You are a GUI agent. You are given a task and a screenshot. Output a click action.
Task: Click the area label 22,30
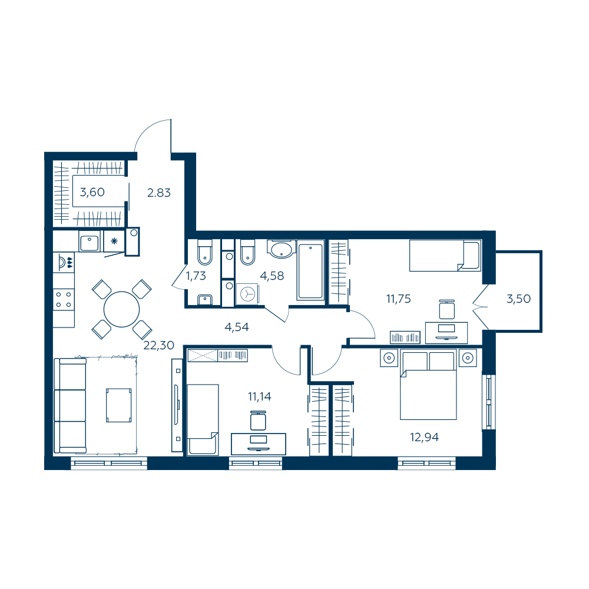tap(158, 345)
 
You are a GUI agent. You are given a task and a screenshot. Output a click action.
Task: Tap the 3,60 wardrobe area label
tap(92, 193)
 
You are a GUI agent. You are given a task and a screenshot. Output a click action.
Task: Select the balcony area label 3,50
tap(518, 299)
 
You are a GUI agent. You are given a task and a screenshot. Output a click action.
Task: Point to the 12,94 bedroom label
tap(424, 437)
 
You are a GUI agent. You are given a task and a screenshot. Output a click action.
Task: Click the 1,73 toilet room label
tap(196, 276)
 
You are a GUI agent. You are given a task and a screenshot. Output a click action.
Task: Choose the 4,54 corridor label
tap(236, 327)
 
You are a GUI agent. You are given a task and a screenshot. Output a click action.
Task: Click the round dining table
tap(121, 310)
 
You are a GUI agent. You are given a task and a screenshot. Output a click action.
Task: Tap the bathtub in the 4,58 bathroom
tap(310, 270)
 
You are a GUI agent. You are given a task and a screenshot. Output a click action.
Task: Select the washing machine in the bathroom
tap(247, 293)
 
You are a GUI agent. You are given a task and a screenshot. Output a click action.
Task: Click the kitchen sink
tap(90, 241)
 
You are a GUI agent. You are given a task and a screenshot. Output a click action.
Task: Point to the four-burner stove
tap(64, 300)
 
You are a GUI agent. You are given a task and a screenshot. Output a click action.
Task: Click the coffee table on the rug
tap(119, 405)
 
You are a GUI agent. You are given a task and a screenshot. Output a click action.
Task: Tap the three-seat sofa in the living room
tap(70, 406)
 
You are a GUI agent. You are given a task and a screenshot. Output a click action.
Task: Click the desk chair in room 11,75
tap(446, 310)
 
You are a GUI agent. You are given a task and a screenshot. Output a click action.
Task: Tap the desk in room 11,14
tap(259, 444)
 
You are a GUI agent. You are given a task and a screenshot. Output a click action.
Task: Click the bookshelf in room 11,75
tap(405, 337)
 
